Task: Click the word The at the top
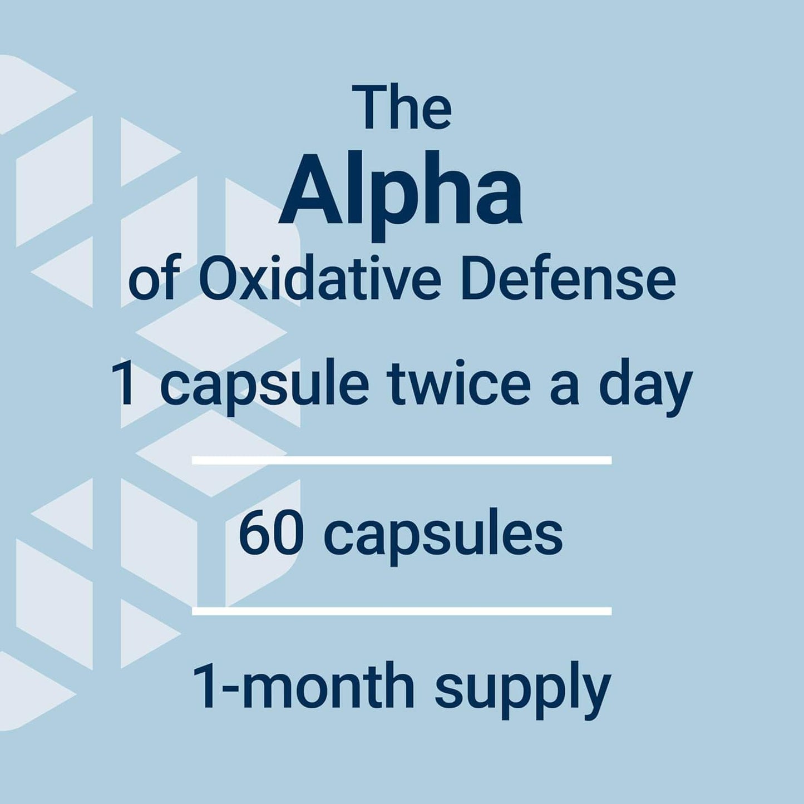(x=405, y=108)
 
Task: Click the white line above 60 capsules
(x=402, y=460)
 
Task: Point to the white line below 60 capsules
(x=402, y=611)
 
